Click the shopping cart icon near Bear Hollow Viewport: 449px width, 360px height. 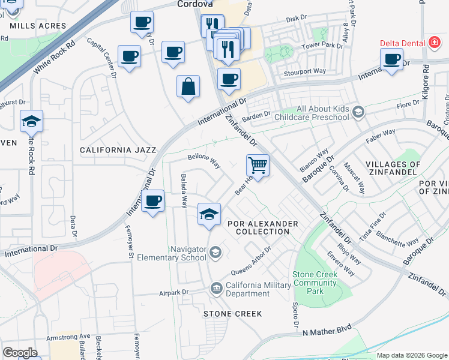(258, 164)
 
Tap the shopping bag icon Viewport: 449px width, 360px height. (188, 85)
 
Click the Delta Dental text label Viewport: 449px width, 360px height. (403, 43)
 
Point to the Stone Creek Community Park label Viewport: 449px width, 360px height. (316, 283)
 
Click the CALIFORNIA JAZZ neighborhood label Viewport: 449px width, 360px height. (118, 150)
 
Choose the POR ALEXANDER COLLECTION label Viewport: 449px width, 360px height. (262, 227)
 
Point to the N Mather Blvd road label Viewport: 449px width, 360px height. (327, 332)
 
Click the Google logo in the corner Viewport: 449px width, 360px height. (20, 352)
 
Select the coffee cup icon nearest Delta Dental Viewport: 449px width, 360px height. (391, 59)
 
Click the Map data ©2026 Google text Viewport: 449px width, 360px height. (411, 355)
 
